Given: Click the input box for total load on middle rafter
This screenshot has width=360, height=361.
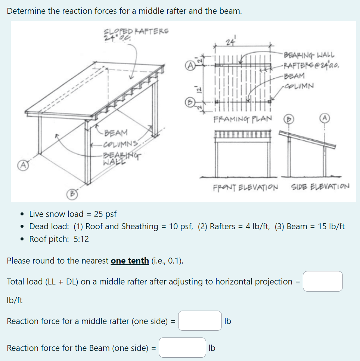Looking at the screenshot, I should (323, 281).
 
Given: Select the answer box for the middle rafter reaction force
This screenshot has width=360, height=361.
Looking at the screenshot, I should (200, 321).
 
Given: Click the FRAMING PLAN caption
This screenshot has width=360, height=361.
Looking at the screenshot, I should (242, 119).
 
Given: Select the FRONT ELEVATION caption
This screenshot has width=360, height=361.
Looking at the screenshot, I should (246, 187).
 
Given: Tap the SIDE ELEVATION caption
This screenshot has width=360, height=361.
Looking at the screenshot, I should (320, 186).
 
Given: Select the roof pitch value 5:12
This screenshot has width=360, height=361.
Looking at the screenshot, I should (81, 239).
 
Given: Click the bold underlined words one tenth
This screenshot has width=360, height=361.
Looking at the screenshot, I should (130, 261).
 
